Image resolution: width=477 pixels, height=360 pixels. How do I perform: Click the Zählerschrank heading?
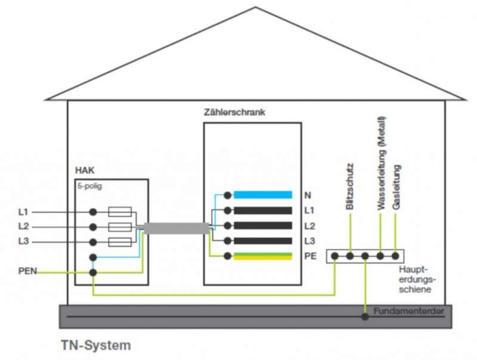coord(234,112)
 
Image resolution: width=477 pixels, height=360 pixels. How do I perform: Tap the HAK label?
coord(85,170)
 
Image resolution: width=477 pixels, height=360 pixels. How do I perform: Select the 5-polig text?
coord(90,185)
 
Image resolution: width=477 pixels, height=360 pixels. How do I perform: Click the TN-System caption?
coord(95,345)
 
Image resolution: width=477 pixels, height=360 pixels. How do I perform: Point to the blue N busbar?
coord(262,195)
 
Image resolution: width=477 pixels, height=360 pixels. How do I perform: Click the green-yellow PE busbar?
coord(262,256)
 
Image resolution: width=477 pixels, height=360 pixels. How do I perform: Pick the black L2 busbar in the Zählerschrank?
coord(262,226)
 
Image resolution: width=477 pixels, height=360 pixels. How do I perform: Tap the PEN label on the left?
coord(27,272)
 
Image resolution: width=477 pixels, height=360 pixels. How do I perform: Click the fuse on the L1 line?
coord(121,212)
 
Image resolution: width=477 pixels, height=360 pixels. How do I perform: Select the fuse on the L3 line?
coord(121,242)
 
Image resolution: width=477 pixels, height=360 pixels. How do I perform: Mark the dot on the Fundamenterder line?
coord(365,316)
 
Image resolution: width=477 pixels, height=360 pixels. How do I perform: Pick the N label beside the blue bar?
coord(308,195)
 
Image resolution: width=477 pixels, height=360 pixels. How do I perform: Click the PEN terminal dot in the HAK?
coord(93,272)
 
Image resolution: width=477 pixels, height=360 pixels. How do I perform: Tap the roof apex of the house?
coord(256,8)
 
